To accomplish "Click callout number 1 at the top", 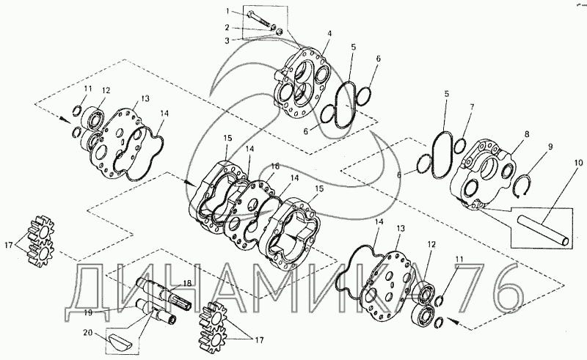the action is (x=228, y=10).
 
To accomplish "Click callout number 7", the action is (x=472, y=107).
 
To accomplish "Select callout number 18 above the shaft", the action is (x=187, y=282).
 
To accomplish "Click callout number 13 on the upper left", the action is (x=145, y=98).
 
